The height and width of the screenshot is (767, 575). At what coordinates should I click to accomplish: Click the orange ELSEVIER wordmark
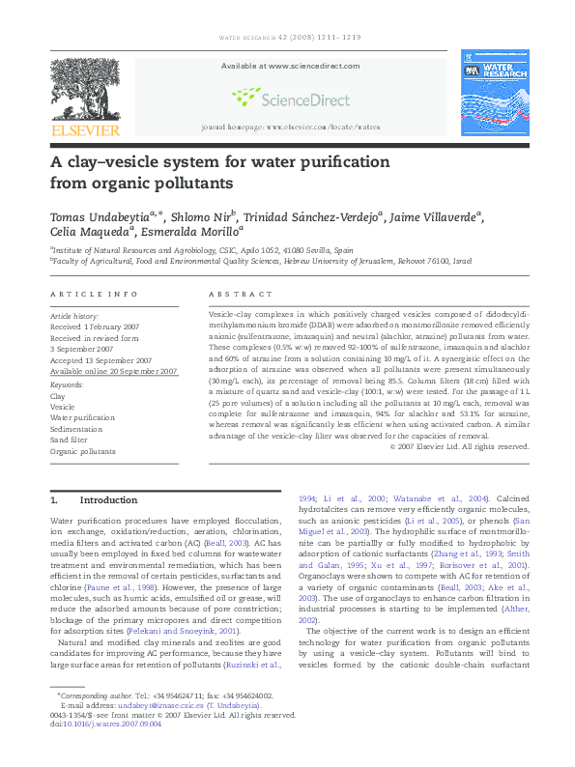(x=85, y=130)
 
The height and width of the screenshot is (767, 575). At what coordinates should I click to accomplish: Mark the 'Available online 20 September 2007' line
(x=114, y=371)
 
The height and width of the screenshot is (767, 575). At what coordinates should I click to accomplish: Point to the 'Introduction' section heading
(x=107, y=500)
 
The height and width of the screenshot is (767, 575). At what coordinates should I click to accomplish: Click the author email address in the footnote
(x=126, y=734)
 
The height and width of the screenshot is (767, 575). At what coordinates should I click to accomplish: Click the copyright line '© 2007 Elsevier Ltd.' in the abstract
(x=459, y=446)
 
